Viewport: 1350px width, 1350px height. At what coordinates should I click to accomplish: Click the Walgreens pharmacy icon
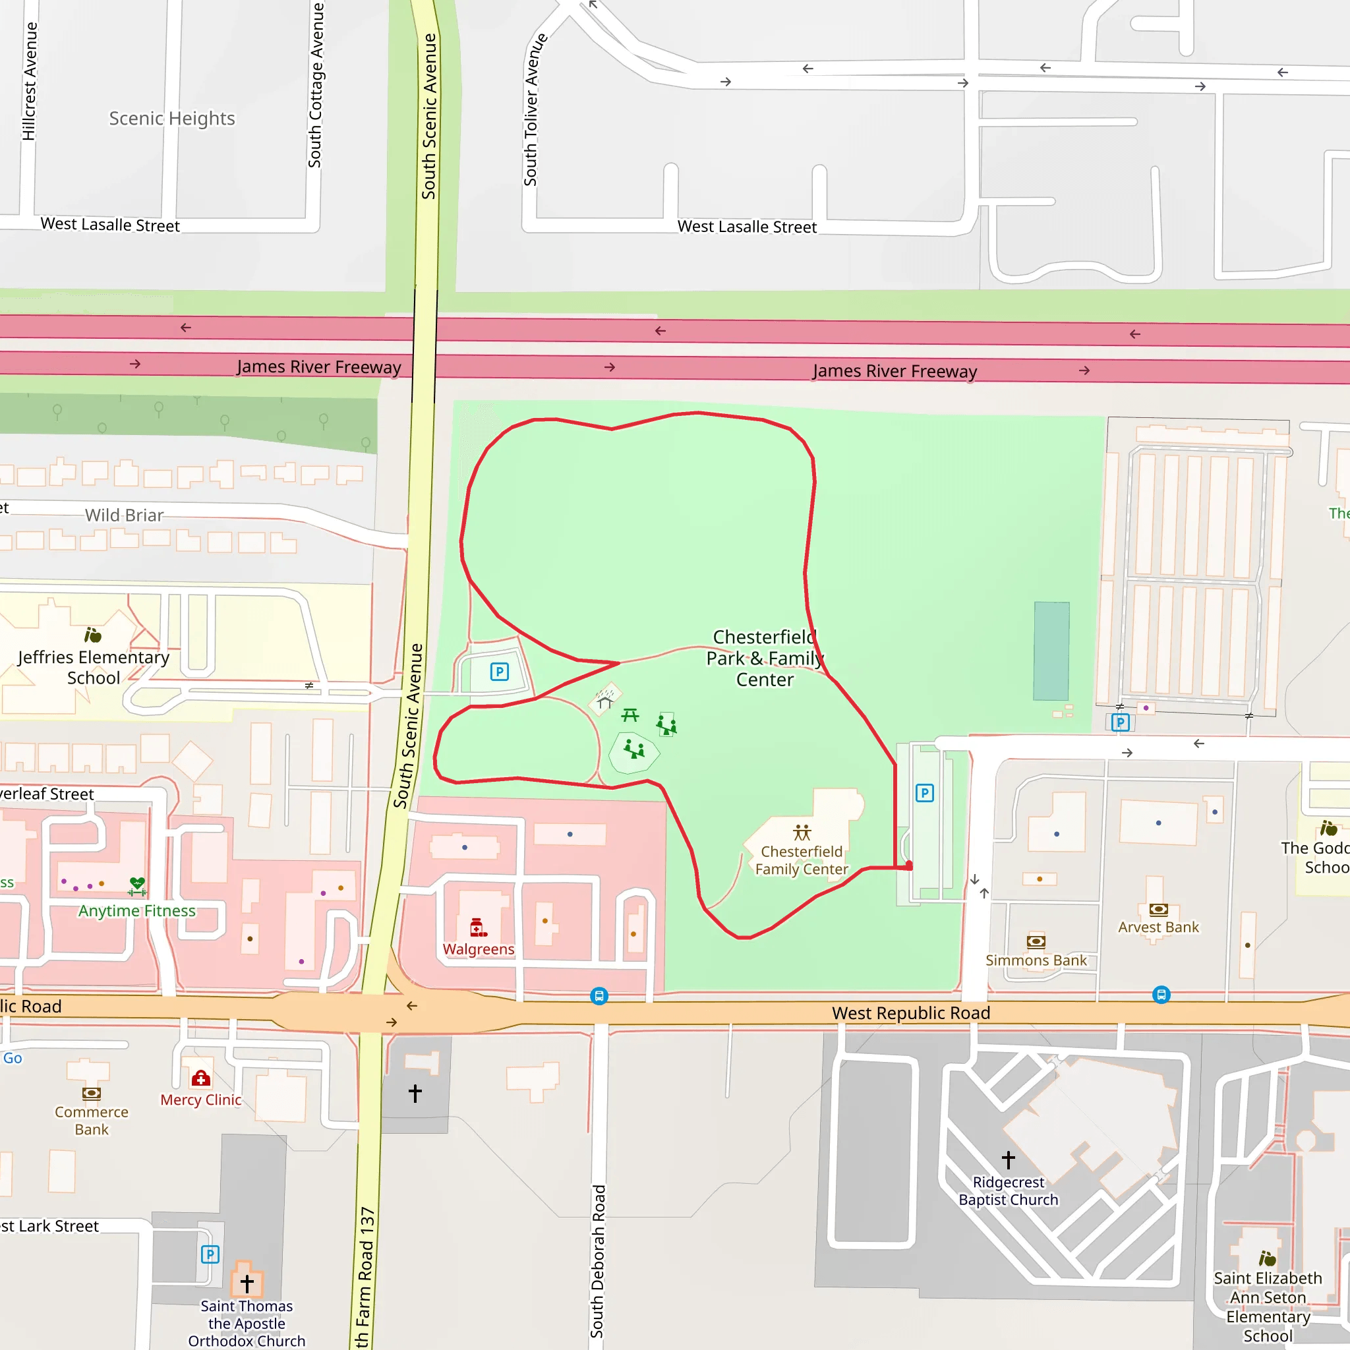click(x=478, y=927)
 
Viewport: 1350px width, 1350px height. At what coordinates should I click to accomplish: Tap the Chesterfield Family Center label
click(x=802, y=860)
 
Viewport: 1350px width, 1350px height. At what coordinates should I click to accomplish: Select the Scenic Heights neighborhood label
click(x=172, y=118)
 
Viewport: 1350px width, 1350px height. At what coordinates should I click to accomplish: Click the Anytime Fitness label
click(x=137, y=910)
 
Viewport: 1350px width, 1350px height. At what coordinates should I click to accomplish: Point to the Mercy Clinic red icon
click(x=201, y=1078)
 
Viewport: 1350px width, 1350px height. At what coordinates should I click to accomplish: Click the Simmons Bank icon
click(x=1036, y=941)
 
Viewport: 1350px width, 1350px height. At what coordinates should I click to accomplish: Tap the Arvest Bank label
click(x=1158, y=927)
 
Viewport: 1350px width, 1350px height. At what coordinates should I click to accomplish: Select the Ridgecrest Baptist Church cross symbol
click(x=1008, y=1160)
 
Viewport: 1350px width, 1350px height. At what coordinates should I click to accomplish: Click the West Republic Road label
click(x=910, y=1012)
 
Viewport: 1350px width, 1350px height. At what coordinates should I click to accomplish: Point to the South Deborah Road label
click(x=597, y=1260)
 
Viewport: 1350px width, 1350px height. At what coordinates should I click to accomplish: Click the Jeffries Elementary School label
click(x=94, y=667)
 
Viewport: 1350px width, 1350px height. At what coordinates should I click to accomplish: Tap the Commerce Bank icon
click(x=92, y=1094)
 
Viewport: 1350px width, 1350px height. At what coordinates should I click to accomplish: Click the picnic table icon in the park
click(x=630, y=714)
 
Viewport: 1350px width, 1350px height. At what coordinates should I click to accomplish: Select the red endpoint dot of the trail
click(x=909, y=866)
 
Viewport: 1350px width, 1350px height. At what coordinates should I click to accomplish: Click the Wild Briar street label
click(x=125, y=515)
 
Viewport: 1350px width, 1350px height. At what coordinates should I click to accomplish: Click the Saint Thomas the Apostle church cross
click(x=247, y=1283)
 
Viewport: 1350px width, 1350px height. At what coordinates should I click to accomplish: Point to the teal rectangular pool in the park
click(x=1051, y=651)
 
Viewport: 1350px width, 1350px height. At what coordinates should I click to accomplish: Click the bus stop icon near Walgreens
click(x=599, y=996)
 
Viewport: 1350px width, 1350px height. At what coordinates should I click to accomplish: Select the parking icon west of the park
click(x=499, y=672)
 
